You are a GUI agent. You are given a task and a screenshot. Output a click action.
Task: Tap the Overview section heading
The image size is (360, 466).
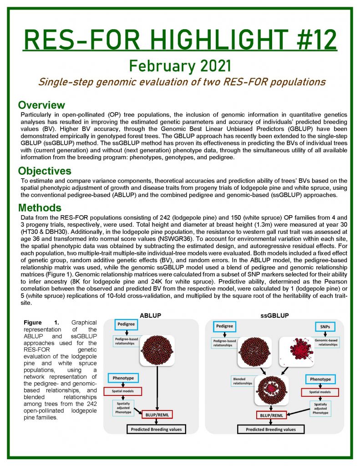[x=41, y=106]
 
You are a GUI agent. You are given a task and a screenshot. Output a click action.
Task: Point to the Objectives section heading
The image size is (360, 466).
[x=45, y=171]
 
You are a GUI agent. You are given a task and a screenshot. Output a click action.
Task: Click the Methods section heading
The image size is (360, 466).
[x=40, y=208]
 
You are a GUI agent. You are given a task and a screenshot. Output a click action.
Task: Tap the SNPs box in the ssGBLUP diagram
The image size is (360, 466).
[x=324, y=327]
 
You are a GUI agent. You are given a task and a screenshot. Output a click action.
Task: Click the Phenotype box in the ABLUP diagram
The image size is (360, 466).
[x=123, y=377]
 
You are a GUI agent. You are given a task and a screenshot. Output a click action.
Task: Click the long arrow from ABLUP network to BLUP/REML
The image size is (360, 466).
[x=158, y=387]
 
